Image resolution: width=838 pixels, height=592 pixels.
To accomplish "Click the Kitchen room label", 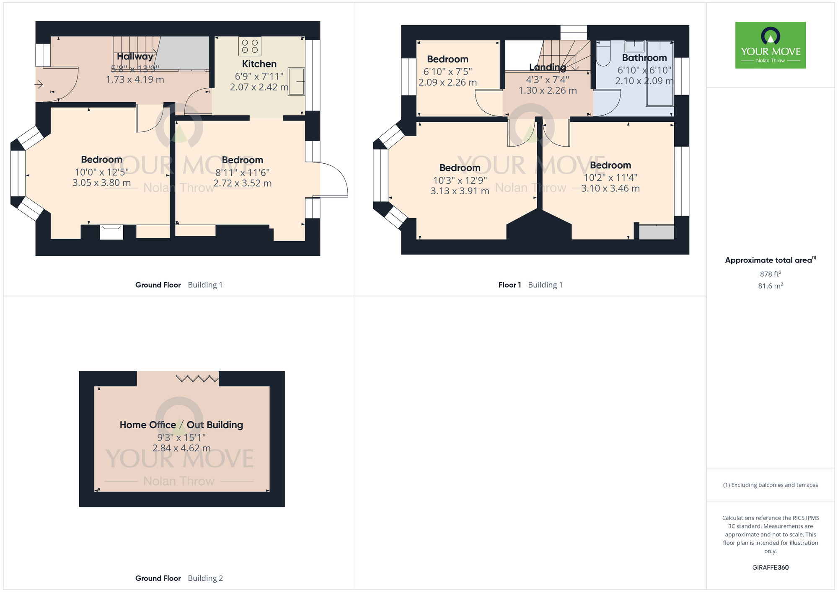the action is [x=259, y=64].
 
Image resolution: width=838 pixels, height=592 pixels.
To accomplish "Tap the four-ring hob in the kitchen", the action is [x=250, y=46].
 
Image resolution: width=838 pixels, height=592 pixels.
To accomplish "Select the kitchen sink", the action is [x=296, y=82].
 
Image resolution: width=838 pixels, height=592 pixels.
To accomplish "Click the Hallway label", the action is [x=135, y=57].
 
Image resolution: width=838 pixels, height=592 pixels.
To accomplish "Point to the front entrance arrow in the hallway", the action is [x=39, y=85].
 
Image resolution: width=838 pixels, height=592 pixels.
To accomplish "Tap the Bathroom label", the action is [x=644, y=58].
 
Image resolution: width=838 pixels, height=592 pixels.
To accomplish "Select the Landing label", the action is [x=547, y=67].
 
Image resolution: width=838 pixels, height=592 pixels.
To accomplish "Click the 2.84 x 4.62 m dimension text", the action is [x=181, y=448].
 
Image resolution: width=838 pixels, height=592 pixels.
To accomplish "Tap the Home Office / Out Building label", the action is [x=181, y=425].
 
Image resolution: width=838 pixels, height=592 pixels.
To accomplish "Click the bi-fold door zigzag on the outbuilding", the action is [x=197, y=379].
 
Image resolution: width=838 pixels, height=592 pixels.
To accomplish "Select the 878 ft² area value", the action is [x=771, y=274].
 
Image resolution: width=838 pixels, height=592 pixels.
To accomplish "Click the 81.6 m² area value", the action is [x=771, y=286].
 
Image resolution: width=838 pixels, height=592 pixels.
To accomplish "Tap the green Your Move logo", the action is [x=771, y=45].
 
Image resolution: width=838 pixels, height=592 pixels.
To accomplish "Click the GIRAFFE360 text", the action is [x=771, y=568].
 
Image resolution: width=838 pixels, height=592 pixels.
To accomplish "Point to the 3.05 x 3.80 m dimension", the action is [x=101, y=183].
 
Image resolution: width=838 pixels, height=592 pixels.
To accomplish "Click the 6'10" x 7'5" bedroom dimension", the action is [x=447, y=72].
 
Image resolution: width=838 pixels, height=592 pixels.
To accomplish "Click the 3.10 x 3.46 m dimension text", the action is [x=610, y=189].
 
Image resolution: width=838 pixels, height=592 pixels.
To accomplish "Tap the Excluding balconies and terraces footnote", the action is [x=771, y=485].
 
